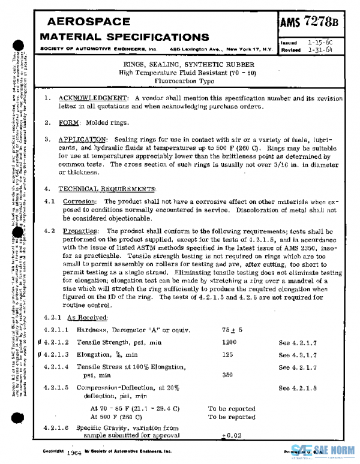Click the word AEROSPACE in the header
coord(85,22)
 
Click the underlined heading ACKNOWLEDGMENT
coord(93,98)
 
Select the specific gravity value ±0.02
coord(230,435)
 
